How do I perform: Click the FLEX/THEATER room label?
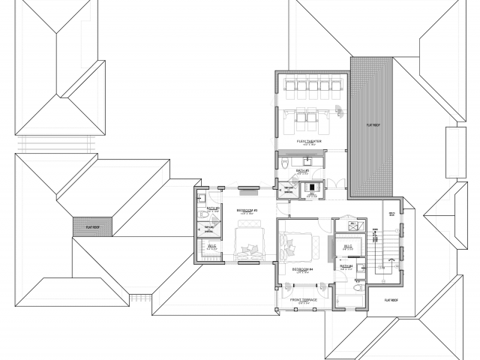tap(309, 140)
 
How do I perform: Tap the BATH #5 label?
tap(303, 171)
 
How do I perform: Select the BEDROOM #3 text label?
tap(247, 210)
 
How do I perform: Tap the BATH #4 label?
tap(346, 266)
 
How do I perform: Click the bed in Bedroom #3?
tap(248, 243)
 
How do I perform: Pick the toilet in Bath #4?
tap(358, 287)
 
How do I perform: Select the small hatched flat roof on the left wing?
tap(92, 224)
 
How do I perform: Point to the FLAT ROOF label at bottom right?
tap(390, 301)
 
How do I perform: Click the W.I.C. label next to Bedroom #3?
tap(212, 246)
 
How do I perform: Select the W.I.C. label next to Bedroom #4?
tap(347, 246)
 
